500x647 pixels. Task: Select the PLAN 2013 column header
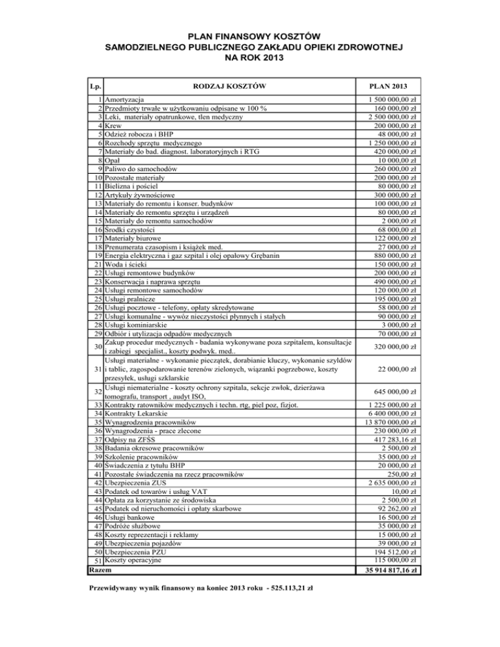click(388, 86)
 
